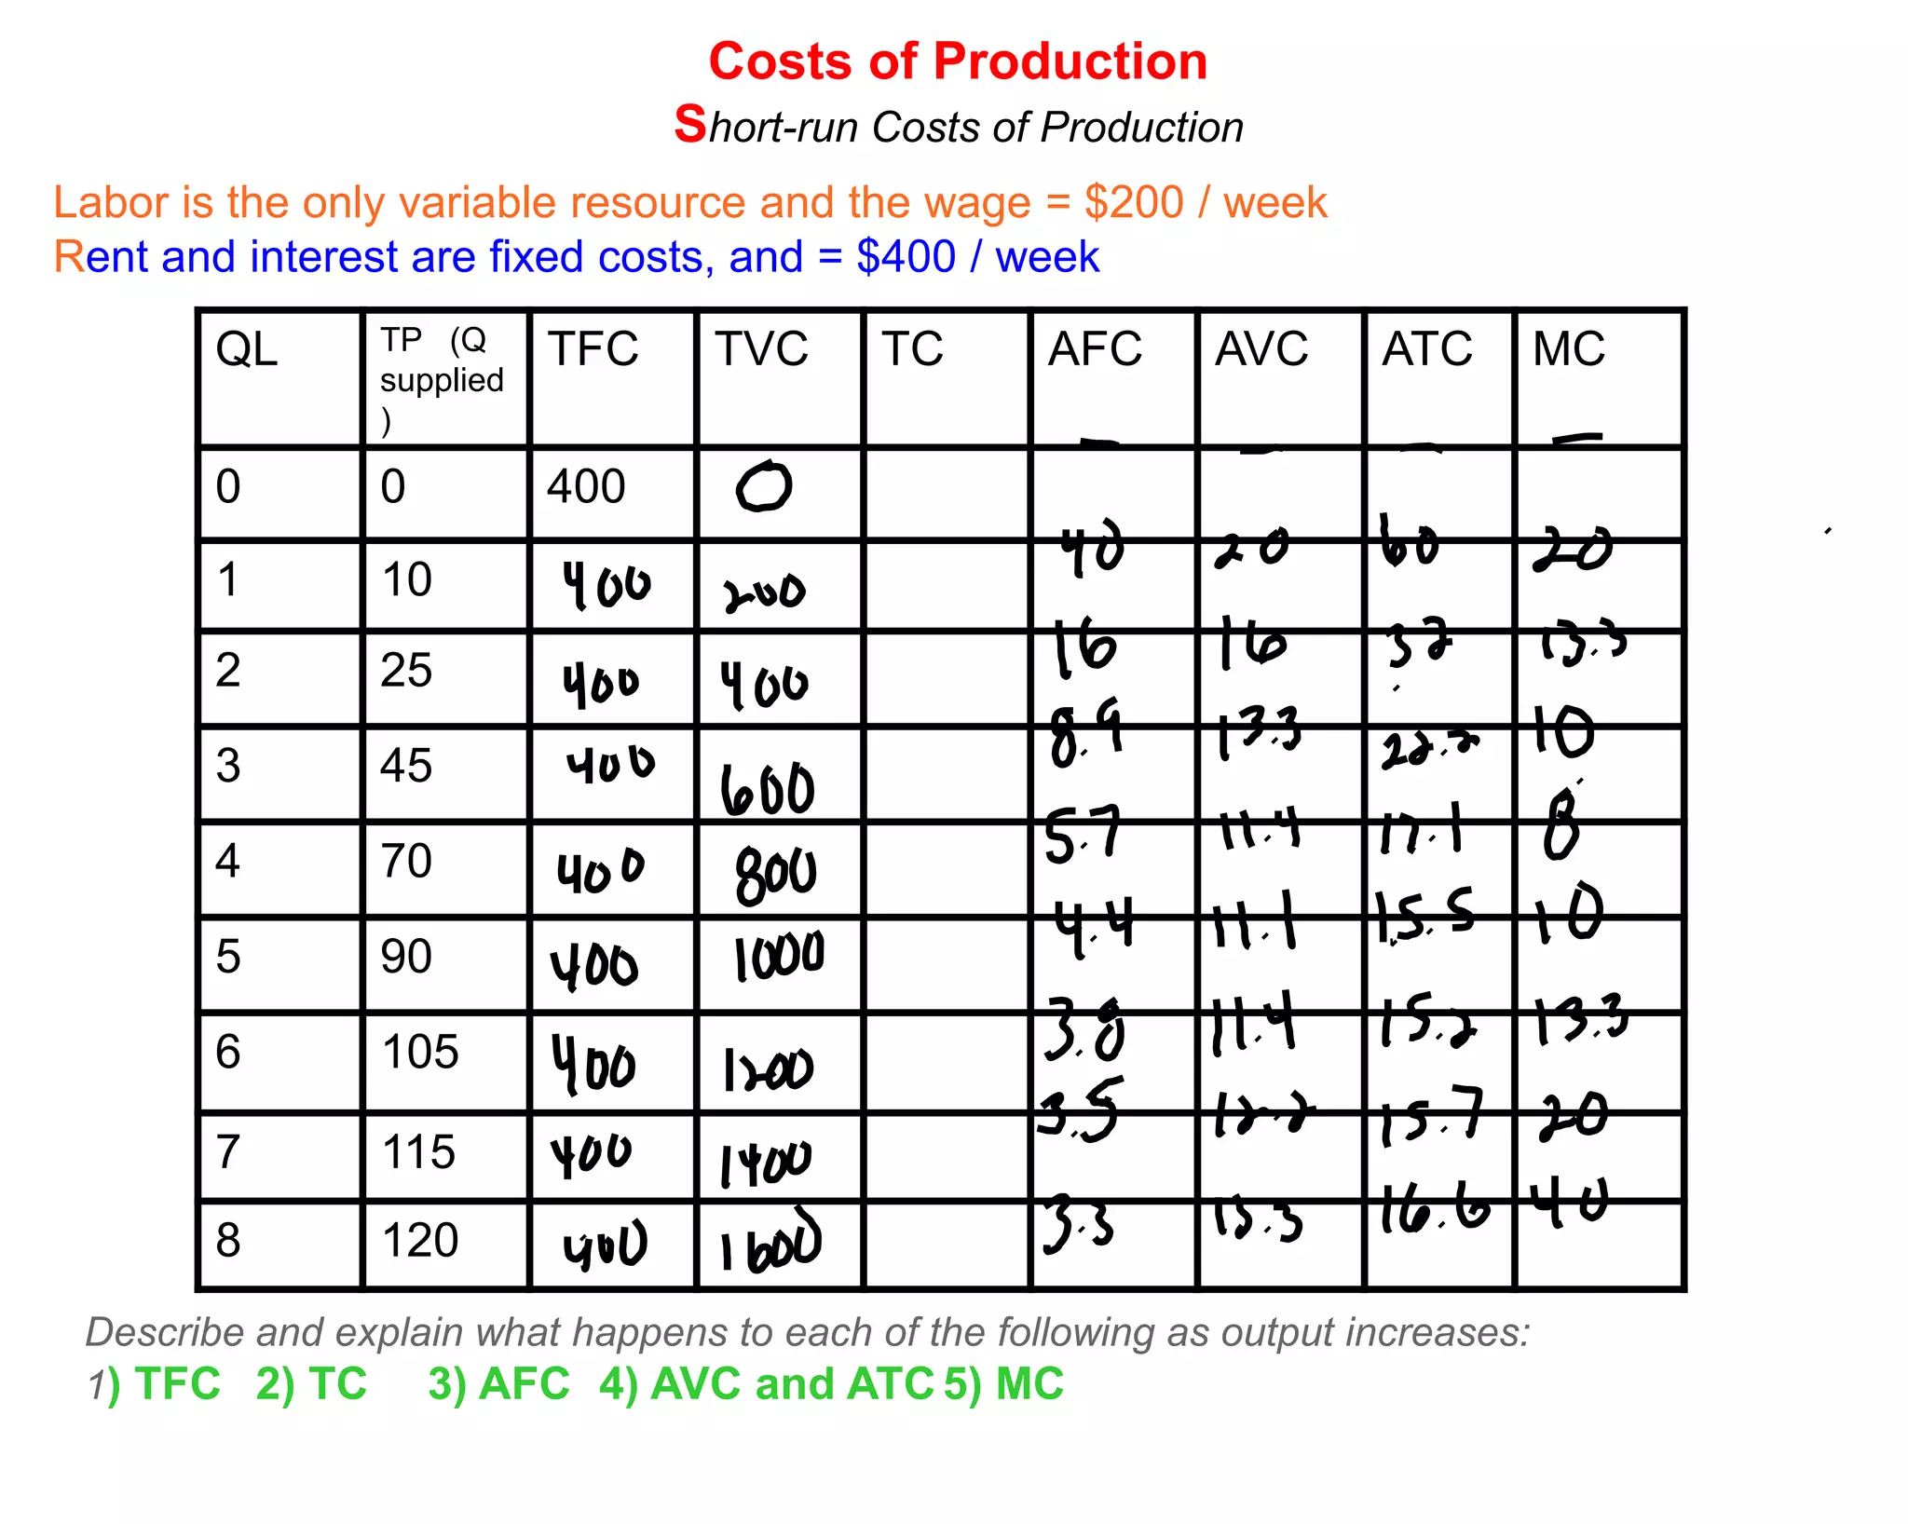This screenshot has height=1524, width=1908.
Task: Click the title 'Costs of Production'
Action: tap(958, 61)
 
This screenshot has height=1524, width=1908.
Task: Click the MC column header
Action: tap(1569, 349)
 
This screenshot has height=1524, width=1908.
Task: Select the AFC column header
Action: tap(1095, 349)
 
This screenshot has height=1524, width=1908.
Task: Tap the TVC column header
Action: tap(761, 349)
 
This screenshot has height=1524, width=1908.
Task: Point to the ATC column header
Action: tap(1426, 349)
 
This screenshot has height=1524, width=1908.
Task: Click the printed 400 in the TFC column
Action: tap(586, 486)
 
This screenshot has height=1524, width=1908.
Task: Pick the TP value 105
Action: tap(420, 1052)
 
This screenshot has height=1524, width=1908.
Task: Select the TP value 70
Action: tap(406, 861)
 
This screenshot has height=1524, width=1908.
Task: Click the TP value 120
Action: tap(420, 1241)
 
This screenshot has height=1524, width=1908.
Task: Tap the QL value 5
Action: tap(228, 957)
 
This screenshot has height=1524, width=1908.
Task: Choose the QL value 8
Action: tap(228, 1241)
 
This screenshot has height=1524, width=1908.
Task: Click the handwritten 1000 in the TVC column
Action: tap(779, 957)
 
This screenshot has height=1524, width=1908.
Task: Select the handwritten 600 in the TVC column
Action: tap(768, 790)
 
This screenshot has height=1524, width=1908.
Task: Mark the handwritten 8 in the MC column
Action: tap(1562, 827)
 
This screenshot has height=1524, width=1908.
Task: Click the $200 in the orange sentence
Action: tap(1133, 203)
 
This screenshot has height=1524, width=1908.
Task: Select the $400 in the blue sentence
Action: tap(906, 257)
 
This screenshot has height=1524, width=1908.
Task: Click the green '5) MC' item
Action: tap(1003, 1384)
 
